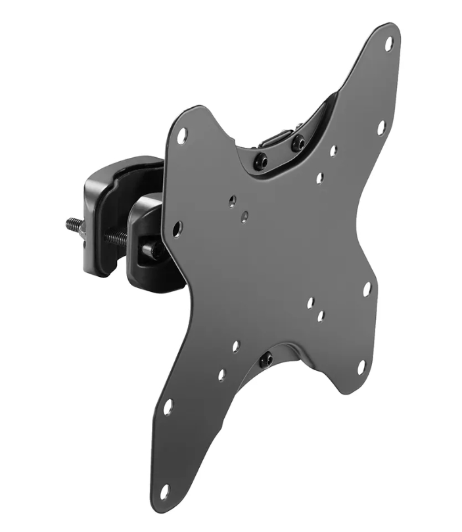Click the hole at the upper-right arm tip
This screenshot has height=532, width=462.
point(388,44)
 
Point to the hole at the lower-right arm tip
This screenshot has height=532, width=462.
point(361,366)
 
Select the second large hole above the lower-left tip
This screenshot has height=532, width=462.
point(168,406)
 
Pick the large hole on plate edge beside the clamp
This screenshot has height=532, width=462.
point(177,229)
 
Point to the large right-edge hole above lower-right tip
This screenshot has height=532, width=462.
point(367,289)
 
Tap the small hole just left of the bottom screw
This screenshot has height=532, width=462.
point(235,345)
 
